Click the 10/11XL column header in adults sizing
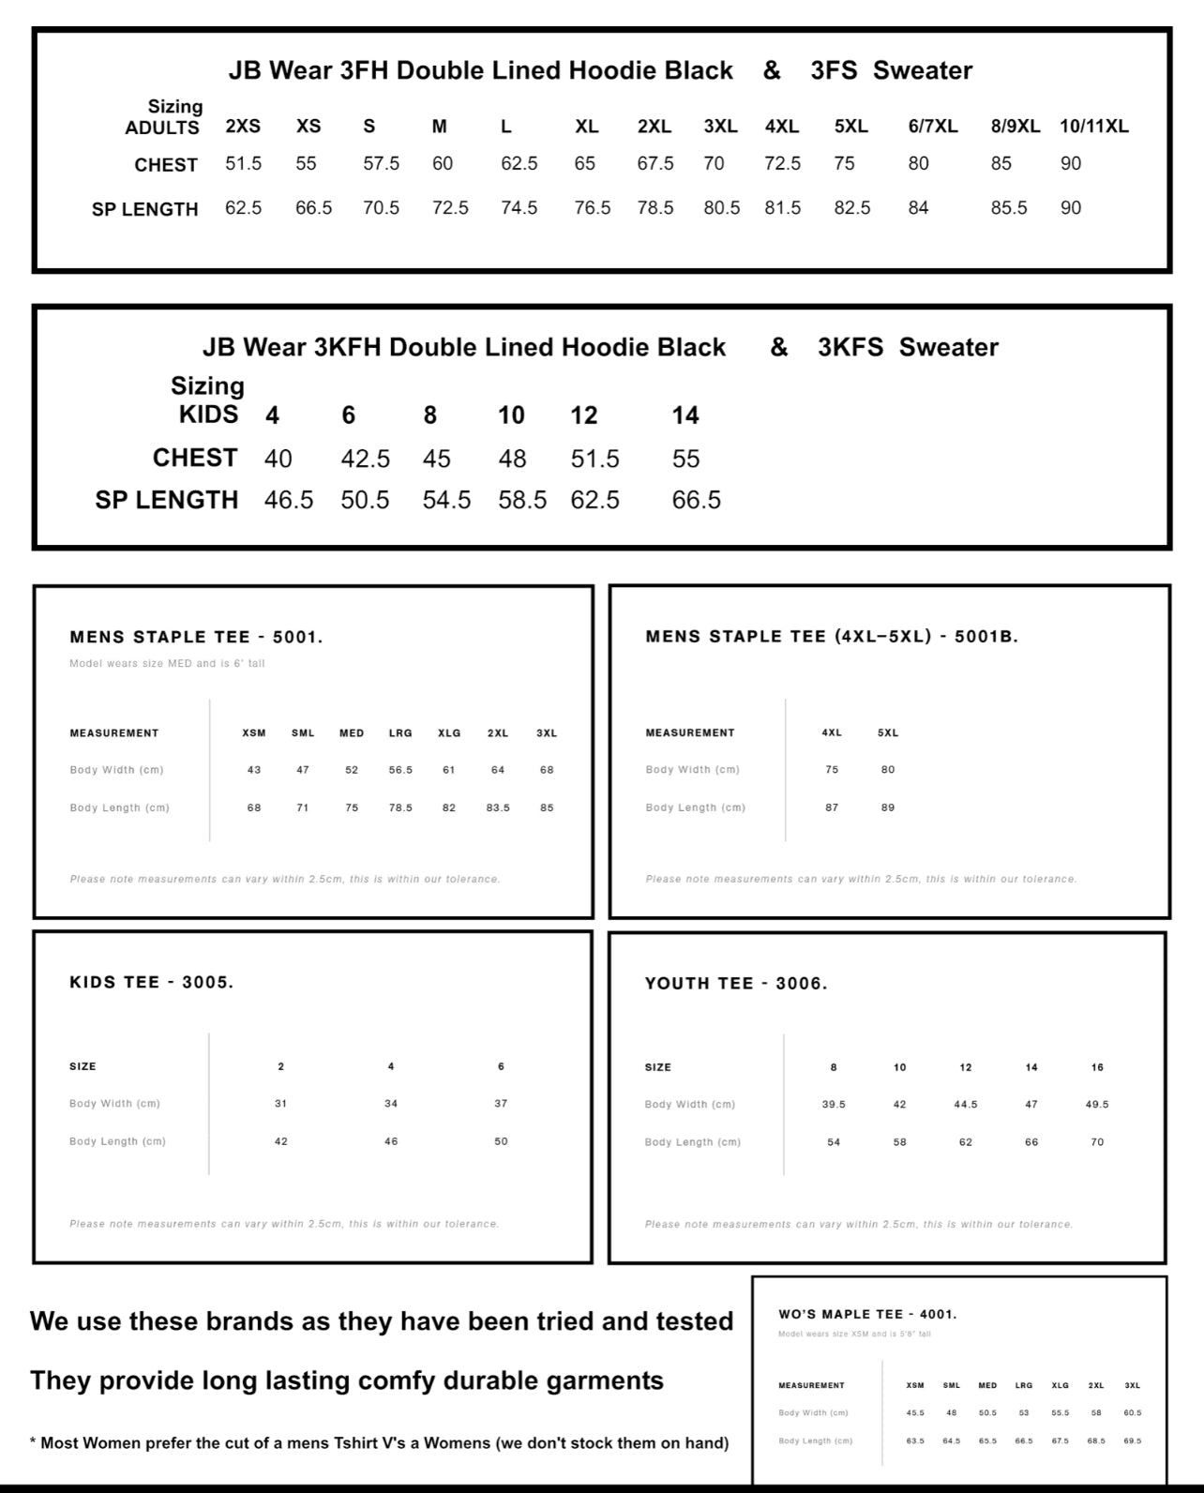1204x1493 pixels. coord(1093,127)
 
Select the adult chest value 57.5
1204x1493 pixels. coord(381,163)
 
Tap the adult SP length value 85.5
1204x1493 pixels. coord(1009,208)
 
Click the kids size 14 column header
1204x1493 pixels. coord(685,415)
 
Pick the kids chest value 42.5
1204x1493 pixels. coord(365,459)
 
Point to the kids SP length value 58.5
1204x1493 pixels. coord(522,500)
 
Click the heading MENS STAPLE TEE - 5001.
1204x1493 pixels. coord(196,638)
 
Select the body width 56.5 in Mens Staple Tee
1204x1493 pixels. coord(400,770)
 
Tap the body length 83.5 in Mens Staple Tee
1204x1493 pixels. coord(498,807)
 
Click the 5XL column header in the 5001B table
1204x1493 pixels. coord(888,732)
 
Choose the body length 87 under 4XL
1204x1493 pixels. coord(832,807)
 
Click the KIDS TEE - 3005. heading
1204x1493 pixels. coord(151,983)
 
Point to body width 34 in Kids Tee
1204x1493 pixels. coord(391,1104)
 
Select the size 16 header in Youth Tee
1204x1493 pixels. coord(1097,1067)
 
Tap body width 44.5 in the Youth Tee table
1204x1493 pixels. coord(966,1105)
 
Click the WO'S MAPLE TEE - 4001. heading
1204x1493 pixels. coord(867,1315)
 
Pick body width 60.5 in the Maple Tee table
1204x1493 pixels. coord(1133,1413)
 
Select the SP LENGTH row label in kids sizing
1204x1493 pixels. coord(167,500)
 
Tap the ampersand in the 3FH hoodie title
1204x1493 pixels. coord(772,70)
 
